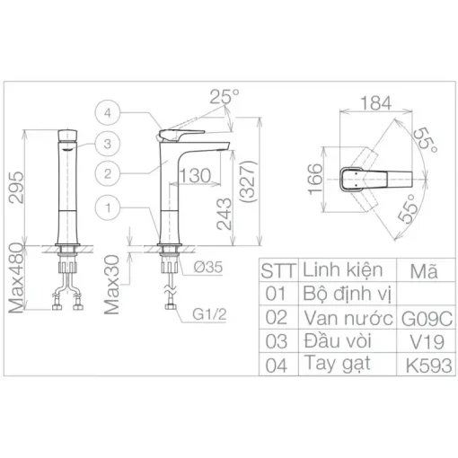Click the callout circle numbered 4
point(108,113)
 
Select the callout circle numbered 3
point(108,144)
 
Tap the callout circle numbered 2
point(108,173)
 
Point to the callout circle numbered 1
point(108,207)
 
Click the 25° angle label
point(225,96)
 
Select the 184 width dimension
point(375,103)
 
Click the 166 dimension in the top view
point(315,180)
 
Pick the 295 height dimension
point(16,188)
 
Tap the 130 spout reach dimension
point(195,175)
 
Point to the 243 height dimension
point(225,214)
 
